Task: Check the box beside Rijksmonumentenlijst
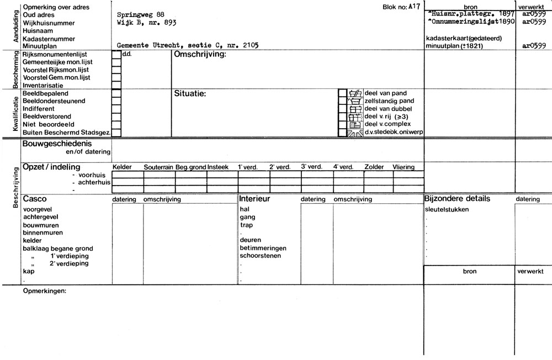point(116,55)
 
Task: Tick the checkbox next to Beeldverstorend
point(116,117)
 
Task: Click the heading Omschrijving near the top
point(200,55)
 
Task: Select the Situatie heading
point(190,94)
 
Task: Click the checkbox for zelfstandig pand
point(342,102)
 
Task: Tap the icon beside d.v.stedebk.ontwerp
point(355,133)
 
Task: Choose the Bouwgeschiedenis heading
point(58,144)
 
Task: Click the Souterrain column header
point(158,167)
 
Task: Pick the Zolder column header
point(374,167)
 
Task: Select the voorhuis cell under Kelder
point(128,174)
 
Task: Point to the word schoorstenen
point(261,256)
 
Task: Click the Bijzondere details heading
point(457,199)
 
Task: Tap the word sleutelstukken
point(448,210)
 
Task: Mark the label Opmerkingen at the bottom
point(45,291)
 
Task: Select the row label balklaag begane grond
point(58,248)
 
